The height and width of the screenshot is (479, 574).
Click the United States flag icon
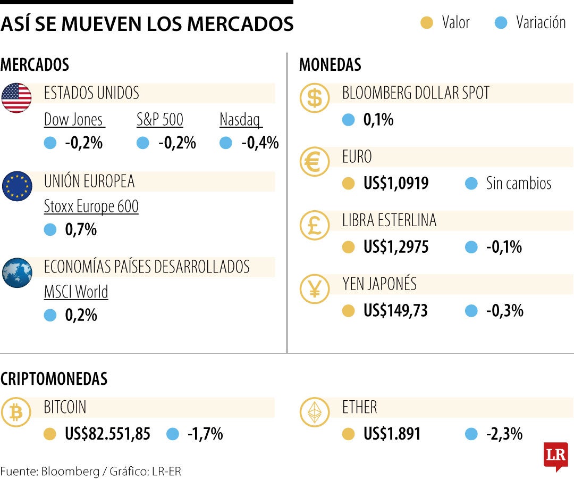(x=16, y=98)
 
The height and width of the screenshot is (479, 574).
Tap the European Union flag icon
(x=16, y=186)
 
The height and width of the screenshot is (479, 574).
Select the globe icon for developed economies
(x=16, y=272)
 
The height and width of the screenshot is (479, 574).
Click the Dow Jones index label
(x=74, y=120)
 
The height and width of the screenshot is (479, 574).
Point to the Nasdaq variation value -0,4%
(x=260, y=143)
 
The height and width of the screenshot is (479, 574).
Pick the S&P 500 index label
(x=160, y=120)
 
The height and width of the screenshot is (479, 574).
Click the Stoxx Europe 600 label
(x=91, y=207)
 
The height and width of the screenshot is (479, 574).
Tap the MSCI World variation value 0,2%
(x=81, y=315)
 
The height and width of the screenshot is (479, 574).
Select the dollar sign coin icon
(x=315, y=98)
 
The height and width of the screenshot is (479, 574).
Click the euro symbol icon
(x=315, y=162)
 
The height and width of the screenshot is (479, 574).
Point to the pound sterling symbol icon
(x=315, y=225)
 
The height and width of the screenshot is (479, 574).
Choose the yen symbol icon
(x=315, y=289)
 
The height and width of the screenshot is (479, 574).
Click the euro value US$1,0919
(x=396, y=184)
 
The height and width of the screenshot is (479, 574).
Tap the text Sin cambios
(x=519, y=184)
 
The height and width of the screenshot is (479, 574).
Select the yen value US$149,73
(x=395, y=310)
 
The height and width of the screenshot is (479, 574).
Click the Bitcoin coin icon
(x=16, y=412)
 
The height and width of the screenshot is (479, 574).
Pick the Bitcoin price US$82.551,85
(x=107, y=434)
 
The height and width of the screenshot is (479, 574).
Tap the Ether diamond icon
(x=315, y=412)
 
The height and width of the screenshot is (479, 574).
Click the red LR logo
(x=555, y=456)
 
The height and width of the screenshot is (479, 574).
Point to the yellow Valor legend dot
(x=427, y=23)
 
